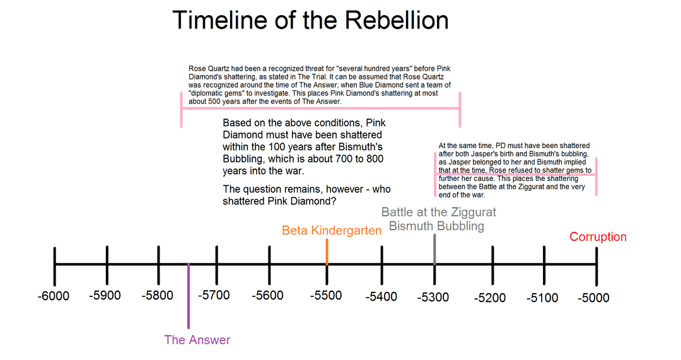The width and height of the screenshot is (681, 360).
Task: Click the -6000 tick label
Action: (54, 296)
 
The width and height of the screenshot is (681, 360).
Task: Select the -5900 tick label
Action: (105, 296)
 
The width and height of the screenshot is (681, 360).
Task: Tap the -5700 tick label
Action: (214, 295)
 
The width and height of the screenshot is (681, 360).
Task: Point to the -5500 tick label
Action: (326, 296)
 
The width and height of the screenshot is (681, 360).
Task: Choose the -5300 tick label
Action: (433, 298)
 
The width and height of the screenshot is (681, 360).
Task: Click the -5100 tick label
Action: (542, 298)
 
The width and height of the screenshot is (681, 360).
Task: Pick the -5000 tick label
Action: (594, 298)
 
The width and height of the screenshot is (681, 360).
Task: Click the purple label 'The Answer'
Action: (197, 340)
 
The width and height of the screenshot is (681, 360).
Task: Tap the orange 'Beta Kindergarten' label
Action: (332, 231)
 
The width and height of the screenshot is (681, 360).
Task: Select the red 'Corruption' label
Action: (598, 237)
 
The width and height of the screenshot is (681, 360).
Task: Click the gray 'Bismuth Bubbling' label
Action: (436, 226)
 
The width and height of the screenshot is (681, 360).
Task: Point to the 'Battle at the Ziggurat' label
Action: (439, 212)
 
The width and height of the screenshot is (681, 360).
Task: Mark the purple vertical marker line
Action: (189, 296)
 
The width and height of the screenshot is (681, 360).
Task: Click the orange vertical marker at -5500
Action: (327, 252)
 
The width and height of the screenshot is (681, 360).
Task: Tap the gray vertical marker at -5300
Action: (434, 249)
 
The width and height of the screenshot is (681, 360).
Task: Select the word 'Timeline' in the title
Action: (220, 20)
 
